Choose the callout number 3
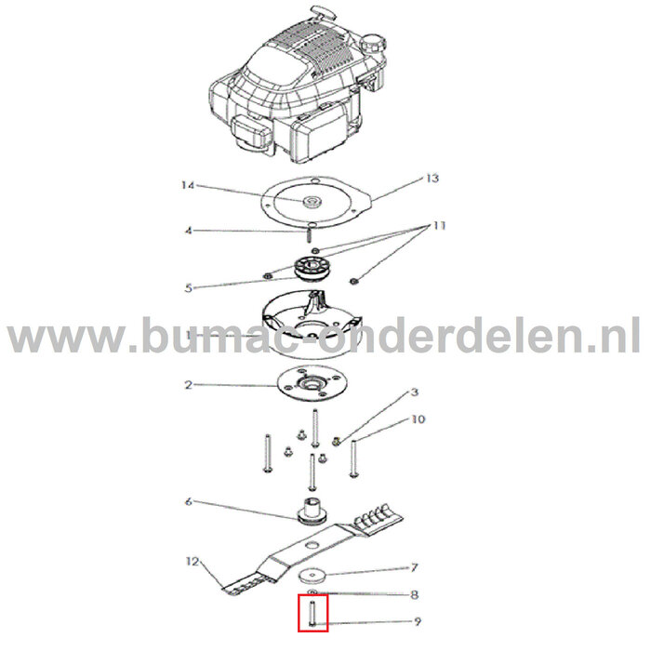[415, 394]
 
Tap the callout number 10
[418, 419]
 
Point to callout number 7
[415, 566]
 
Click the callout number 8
[415, 594]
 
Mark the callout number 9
[415, 624]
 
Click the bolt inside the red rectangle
[313, 612]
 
